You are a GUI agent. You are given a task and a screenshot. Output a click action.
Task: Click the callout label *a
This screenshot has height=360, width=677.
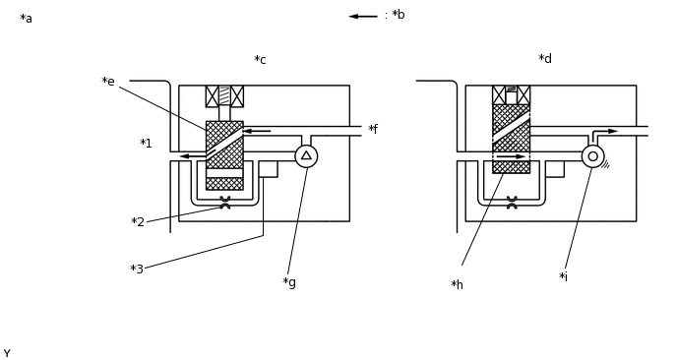[x=26, y=19]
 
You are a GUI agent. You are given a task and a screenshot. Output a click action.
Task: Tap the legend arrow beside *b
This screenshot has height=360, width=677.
[x=363, y=17]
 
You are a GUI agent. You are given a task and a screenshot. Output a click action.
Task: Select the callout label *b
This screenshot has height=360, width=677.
[x=399, y=15]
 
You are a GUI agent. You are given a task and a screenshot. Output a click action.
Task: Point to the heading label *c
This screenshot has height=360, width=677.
[x=260, y=60]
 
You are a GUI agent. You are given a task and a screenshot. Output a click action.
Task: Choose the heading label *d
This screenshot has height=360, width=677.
[x=545, y=58]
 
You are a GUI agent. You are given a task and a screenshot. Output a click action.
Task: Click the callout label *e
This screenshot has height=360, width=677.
[x=108, y=82]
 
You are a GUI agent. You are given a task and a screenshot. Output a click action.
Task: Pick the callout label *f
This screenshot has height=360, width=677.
[x=373, y=129]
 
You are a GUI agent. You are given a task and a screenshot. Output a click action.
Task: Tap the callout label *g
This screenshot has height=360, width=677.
[x=289, y=282]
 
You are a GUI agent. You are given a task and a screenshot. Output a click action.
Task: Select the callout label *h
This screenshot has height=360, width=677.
[x=457, y=284]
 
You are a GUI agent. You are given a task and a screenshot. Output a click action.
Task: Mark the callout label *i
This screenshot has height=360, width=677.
[x=563, y=276]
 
